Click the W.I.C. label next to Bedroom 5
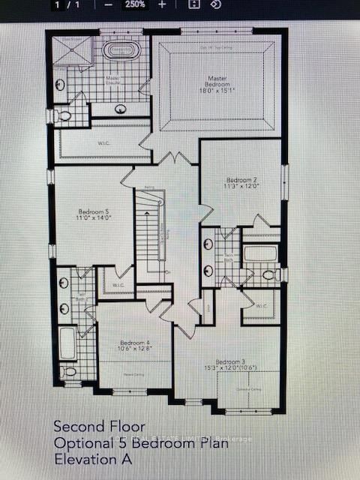point(117,285)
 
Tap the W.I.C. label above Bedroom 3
point(261,306)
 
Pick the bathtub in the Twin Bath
point(260,253)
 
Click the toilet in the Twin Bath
point(268,275)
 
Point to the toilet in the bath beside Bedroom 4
point(70,370)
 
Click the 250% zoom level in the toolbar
point(135,4)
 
